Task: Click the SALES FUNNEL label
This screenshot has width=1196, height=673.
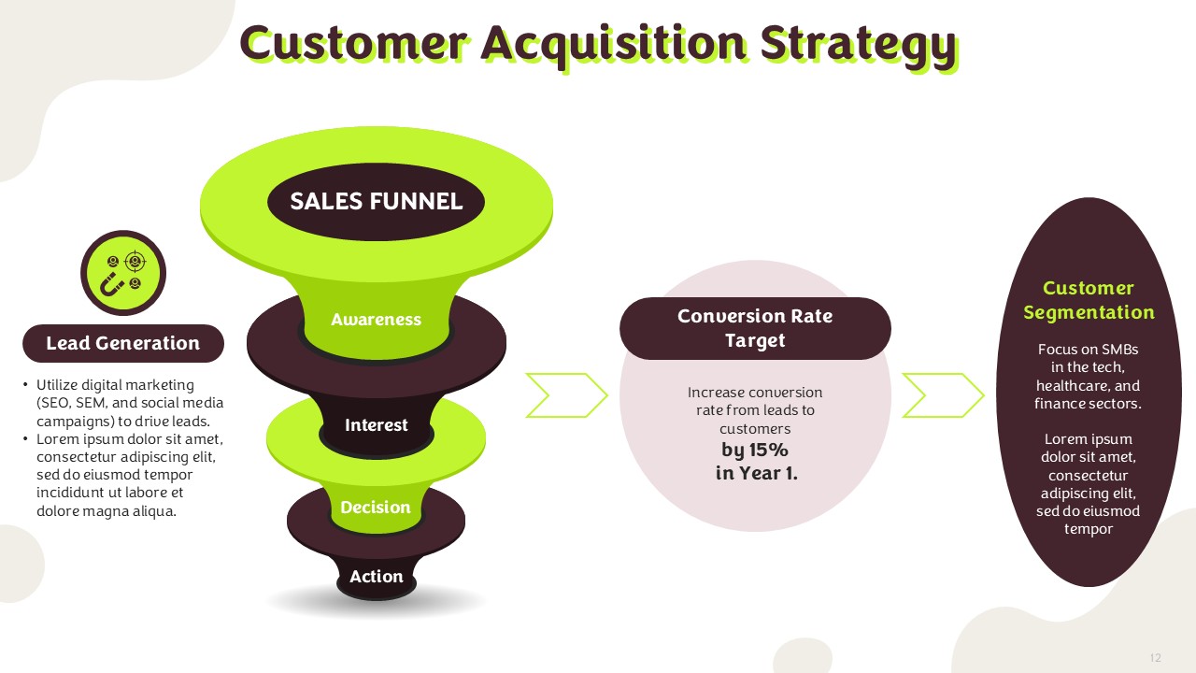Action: click(376, 201)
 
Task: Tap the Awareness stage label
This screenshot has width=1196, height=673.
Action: click(376, 319)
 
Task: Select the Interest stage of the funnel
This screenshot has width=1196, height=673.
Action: click(376, 424)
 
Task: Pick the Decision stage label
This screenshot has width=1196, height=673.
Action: click(376, 507)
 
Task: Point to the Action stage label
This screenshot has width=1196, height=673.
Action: click(376, 576)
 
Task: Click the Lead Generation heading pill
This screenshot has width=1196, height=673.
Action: click(122, 343)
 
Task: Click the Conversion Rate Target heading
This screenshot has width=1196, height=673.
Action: click(755, 328)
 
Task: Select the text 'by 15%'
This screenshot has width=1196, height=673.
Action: click(754, 450)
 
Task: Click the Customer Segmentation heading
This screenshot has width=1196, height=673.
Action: click(1089, 300)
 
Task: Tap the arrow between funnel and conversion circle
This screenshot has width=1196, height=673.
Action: click(566, 395)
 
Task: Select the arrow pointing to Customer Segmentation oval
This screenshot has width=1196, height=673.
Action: click(943, 395)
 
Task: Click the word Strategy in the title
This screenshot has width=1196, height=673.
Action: click(859, 45)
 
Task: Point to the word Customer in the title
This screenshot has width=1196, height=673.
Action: click(353, 43)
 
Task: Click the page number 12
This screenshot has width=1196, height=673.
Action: click(1156, 657)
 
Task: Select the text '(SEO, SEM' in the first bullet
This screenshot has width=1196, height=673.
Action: click(72, 403)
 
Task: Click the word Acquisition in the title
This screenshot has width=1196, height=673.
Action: click(614, 45)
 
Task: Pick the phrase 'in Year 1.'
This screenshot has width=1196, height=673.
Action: click(757, 473)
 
